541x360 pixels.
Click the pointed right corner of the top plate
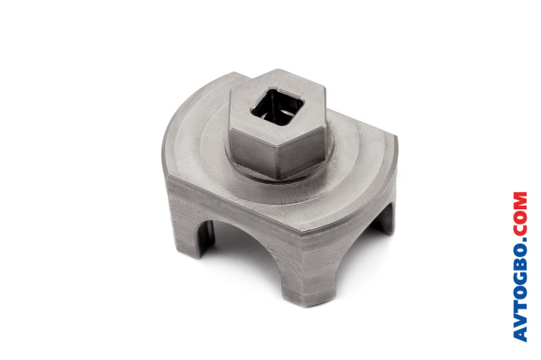pyautogui.click(x=396, y=137)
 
